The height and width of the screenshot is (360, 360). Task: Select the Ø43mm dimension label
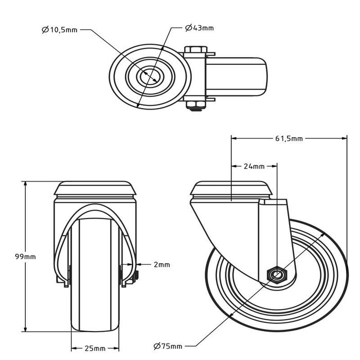point(199,27)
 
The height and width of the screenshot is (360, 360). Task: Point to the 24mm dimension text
point(255,166)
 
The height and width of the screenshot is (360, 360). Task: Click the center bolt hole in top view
point(150,76)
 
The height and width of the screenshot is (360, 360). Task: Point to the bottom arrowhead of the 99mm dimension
point(25,329)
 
